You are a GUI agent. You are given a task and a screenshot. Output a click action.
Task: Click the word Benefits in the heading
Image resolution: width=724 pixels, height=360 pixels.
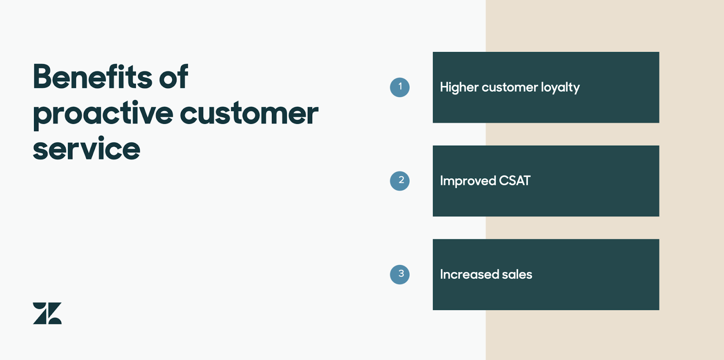tap(92, 76)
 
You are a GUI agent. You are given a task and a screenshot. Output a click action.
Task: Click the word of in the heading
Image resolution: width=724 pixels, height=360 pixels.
tap(174, 76)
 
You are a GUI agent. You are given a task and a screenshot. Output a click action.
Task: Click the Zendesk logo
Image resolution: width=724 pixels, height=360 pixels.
tap(47, 313)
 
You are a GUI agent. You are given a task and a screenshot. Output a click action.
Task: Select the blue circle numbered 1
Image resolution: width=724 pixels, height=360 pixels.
tap(400, 87)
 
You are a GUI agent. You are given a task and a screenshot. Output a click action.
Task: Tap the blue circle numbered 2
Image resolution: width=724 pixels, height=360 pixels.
tap(400, 181)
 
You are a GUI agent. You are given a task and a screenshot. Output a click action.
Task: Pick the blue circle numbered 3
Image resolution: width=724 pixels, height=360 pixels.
tap(400, 275)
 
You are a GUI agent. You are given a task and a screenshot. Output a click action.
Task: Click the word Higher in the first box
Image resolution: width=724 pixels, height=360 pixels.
tap(459, 88)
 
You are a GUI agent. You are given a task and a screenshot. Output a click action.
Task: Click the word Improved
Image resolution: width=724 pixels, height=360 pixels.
tap(468, 181)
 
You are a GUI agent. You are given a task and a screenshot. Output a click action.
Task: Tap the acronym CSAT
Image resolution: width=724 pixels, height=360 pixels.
tap(514, 180)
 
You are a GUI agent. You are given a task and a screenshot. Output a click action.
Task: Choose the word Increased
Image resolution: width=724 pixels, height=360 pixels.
tap(469, 275)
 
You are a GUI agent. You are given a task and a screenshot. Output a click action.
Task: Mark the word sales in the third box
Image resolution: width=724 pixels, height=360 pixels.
tap(517, 275)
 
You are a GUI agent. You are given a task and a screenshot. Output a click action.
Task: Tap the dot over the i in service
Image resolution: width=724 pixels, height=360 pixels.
tap(101, 139)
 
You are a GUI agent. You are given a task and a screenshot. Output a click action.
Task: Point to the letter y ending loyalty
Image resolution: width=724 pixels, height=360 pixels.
tap(576, 89)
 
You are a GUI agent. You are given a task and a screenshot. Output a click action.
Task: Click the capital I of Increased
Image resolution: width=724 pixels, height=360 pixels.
tap(442, 275)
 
